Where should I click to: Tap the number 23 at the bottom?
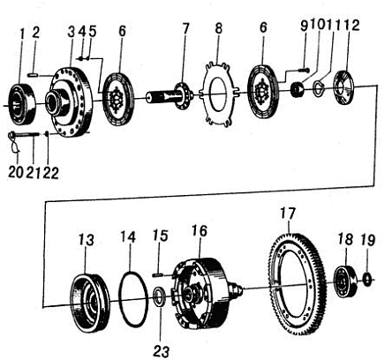pos(162,351)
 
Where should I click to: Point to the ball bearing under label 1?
pos(22,103)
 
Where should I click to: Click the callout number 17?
pos(287,214)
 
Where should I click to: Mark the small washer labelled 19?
pos(367,279)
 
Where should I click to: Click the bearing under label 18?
pos(345,281)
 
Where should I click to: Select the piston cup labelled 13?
pos(90,303)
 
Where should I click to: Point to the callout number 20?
pos(15,172)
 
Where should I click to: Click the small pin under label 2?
pos(33,75)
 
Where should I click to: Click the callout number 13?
pos(86,239)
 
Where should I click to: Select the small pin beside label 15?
pos(158,275)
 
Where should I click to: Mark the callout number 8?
pos(218,28)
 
